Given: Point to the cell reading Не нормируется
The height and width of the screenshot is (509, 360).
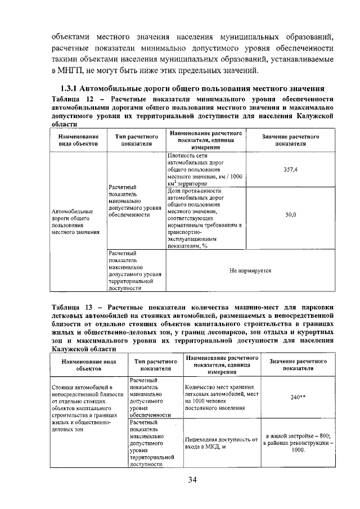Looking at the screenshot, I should pyautogui.click(x=250, y=271).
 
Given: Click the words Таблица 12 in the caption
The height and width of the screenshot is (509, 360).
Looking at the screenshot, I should pyautogui.click(x=72, y=99).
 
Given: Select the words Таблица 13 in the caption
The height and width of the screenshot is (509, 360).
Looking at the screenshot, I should pyautogui.click(x=72, y=308).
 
